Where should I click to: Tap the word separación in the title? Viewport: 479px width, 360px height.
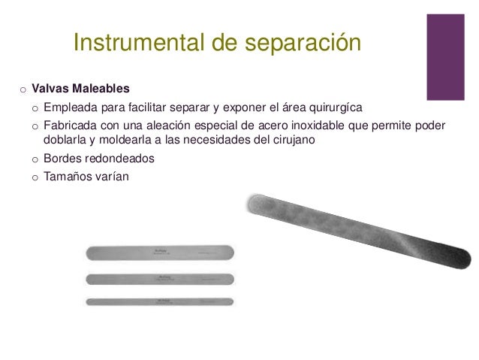300,44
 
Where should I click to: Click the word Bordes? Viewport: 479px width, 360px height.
62,160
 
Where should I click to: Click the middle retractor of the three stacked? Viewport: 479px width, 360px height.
161,279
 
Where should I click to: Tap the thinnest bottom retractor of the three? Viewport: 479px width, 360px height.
161,301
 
